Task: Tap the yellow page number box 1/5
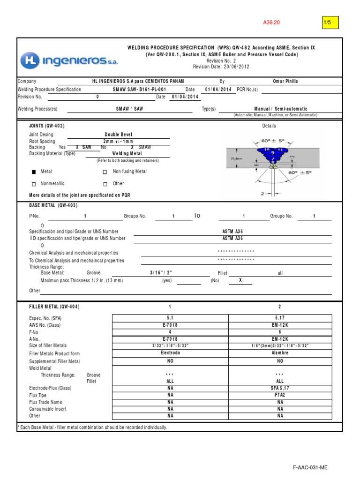(x=330, y=22)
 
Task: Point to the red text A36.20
(x=271, y=22)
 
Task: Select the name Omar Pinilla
(x=285, y=81)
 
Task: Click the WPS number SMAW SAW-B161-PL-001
(x=140, y=89)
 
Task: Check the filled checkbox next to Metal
(x=33, y=172)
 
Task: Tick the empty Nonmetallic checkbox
(x=33, y=184)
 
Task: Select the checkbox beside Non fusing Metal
(x=105, y=172)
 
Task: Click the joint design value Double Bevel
(x=119, y=134)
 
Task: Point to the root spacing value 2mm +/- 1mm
(x=119, y=141)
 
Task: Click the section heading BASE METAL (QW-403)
(x=53, y=205)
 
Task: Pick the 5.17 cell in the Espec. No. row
(x=280, y=318)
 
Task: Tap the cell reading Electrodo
(x=170, y=353)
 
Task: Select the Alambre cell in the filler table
(x=280, y=353)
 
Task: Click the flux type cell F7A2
(x=280, y=395)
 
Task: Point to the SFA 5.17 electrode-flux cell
(x=280, y=388)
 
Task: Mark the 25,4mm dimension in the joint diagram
(x=236, y=159)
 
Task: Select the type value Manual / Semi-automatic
(x=281, y=109)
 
